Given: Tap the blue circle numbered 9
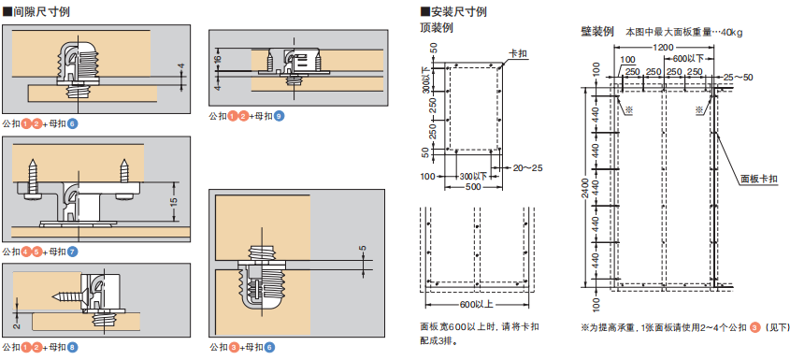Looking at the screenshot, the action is tap(280, 117).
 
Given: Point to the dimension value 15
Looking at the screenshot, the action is tap(174, 201).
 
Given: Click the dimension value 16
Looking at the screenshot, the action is tap(217, 59).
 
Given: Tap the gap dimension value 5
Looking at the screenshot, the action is tap(365, 249).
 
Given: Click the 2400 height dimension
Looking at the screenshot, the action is tap(583, 188).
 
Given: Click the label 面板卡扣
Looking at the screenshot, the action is tap(759, 179).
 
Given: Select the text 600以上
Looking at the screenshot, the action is tap(476, 305).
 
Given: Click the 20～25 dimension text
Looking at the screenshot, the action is tap(527, 168).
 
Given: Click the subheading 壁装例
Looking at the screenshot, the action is tap(597, 31).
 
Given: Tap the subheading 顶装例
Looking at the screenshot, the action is tap(437, 28).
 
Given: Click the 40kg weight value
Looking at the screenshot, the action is tap(731, 33).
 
